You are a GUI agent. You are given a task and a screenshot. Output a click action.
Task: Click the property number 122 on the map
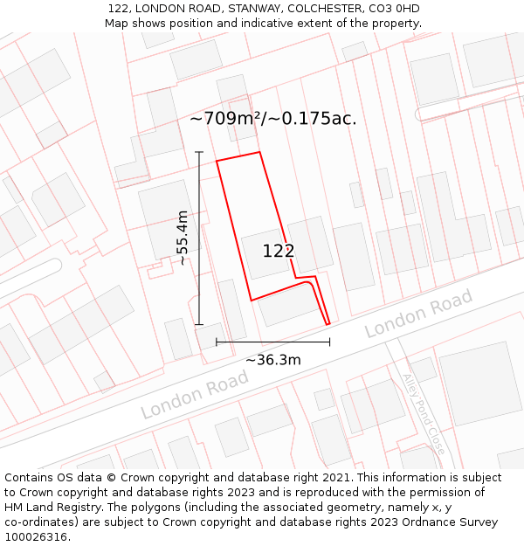(279, 251)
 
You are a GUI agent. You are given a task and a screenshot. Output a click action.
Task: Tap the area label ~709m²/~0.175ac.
(272, 118)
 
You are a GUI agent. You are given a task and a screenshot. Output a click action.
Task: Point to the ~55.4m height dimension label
(182, 238)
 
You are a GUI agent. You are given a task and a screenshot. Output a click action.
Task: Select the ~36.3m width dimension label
(272, 360)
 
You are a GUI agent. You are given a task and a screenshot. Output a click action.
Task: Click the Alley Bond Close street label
(424, 413)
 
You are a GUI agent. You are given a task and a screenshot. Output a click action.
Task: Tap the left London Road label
(195, 394)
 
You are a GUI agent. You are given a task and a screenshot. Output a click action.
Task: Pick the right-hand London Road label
(418, 314)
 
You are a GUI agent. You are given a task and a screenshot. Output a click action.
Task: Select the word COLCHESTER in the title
(309, 9)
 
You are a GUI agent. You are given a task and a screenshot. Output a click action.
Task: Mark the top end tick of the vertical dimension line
(199, 153)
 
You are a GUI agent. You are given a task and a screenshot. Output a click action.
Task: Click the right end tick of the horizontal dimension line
(329, 342)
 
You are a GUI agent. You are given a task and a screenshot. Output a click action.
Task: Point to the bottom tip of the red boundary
(328, 325)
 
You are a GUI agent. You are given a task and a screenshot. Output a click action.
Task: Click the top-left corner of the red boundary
(217, 161)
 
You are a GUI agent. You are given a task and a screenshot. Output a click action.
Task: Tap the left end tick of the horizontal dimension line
(217, 342)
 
